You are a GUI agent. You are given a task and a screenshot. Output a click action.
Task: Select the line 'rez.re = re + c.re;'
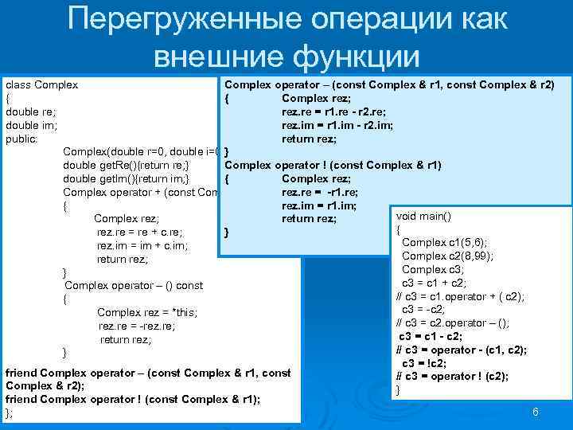click(140, 233)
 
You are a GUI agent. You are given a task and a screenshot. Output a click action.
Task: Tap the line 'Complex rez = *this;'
click(146, 312)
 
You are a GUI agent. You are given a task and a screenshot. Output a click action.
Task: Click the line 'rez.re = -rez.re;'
click(137, 326)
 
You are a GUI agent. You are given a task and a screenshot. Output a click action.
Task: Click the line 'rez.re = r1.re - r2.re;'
click(340, 111)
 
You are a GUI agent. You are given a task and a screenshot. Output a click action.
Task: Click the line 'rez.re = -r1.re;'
click(320, 192)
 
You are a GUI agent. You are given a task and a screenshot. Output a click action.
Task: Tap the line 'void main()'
click(423, 216)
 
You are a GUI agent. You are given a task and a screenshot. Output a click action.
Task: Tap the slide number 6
click(536, 412)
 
